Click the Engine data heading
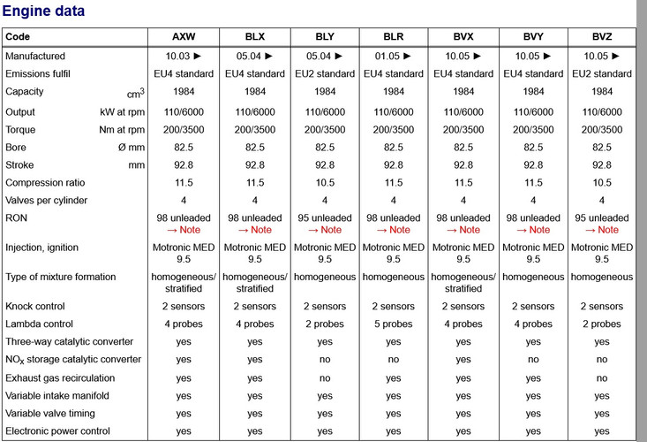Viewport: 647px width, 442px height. pyautogui.click(x=44, y=11)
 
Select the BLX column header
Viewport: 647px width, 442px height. pyautogui.click(x=255, y=37)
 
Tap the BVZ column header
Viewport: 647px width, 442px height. pyautogui.click(x=602, y=37)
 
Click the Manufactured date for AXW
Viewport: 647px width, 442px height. pyautogui.click(x=183, y=56)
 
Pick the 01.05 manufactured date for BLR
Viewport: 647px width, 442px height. pyautogui.click(x=394, y=56)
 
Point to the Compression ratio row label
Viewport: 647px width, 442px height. pyautogui.click(x=45, y=182)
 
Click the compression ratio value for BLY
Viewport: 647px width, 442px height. pyautogui.click(x=325, y=182)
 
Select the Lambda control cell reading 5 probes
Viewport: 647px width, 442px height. pyautogui.click(x=394, y=324)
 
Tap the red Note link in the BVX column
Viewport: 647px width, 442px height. pyautogui.click(x=463, y=230)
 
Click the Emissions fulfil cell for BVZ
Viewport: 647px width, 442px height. pyautogui.click(x=602, y=73)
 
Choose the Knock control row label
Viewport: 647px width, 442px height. pyautogui.click(x=36, y=306)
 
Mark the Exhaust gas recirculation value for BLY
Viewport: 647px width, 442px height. pyautogui.click(x=325, y=377)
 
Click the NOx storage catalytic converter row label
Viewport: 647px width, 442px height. pyautogui.click(x=73, y=360)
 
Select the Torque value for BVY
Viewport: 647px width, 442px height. pyautogui.click(x=533, y=128)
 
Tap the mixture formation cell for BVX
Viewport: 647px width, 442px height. pyautogui.click(x=463, y=283)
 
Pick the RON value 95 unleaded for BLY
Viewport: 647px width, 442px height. pyautogui.click(x=325, y=217)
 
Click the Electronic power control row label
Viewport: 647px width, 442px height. pyautogui.click(x=59, y=431)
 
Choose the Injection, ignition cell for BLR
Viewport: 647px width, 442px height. pyautogui.click(x=394, y=254)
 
